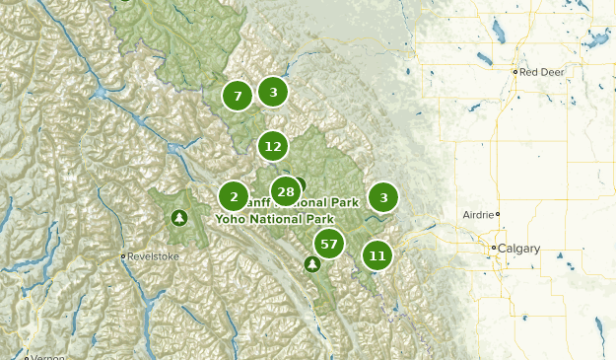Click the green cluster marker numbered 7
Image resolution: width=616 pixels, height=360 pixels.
(x=237, y=96)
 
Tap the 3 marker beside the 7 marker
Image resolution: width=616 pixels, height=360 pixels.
(x=273, y=92)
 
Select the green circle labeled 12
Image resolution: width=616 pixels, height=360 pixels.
(x=273, y=146)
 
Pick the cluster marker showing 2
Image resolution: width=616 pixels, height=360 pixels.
(x=233, y=195)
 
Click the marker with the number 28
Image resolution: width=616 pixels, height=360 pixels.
(x=286, y=191)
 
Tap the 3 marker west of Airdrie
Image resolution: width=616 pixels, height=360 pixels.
(x=383, y=197)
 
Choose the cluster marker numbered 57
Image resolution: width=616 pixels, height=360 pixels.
(x=328, y=244)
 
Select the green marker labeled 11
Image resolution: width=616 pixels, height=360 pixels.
(x=376, y=255)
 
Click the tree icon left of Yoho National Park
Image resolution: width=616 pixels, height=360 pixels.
(x=178, y=217)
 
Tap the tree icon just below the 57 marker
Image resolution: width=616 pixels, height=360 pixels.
(x=312, y=264)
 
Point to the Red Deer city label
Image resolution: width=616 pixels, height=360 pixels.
(x=542, y=72)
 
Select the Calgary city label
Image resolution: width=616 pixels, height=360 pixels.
(x=519, y=249)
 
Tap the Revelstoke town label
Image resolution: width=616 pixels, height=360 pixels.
(x=154, y=256)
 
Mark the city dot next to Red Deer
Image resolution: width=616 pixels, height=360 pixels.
(x=515, y=72)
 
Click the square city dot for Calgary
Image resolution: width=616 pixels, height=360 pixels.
(x=495, y=248)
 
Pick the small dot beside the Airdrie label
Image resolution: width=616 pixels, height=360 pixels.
(x=498, y=214)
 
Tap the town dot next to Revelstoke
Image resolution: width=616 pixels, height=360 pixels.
(x=123, y=256)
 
